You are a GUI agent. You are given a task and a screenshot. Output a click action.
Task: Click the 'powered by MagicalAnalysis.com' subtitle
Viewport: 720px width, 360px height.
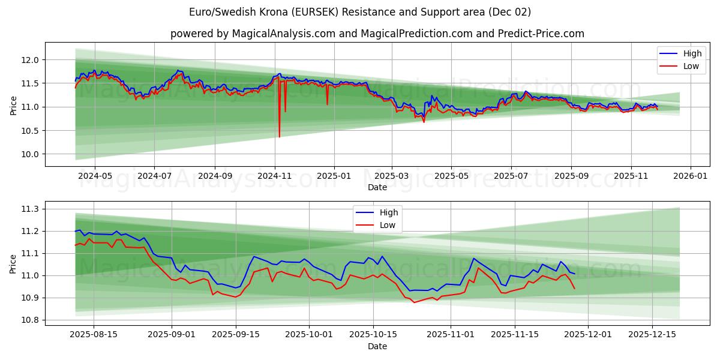377,34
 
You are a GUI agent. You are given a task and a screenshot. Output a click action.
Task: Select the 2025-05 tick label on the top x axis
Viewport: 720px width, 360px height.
451,176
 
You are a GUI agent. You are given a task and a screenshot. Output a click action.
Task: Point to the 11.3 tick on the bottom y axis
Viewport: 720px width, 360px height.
31,209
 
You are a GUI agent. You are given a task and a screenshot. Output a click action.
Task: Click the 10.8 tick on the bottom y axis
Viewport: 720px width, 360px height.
31,320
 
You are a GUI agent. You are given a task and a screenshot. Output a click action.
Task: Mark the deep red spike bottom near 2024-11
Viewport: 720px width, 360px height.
279,136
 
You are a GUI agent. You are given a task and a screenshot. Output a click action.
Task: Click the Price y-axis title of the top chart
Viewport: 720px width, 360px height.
13,106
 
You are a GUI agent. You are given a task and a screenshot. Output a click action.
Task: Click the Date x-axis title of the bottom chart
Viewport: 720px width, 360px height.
377,346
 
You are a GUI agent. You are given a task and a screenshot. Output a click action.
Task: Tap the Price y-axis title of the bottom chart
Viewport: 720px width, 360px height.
13,264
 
